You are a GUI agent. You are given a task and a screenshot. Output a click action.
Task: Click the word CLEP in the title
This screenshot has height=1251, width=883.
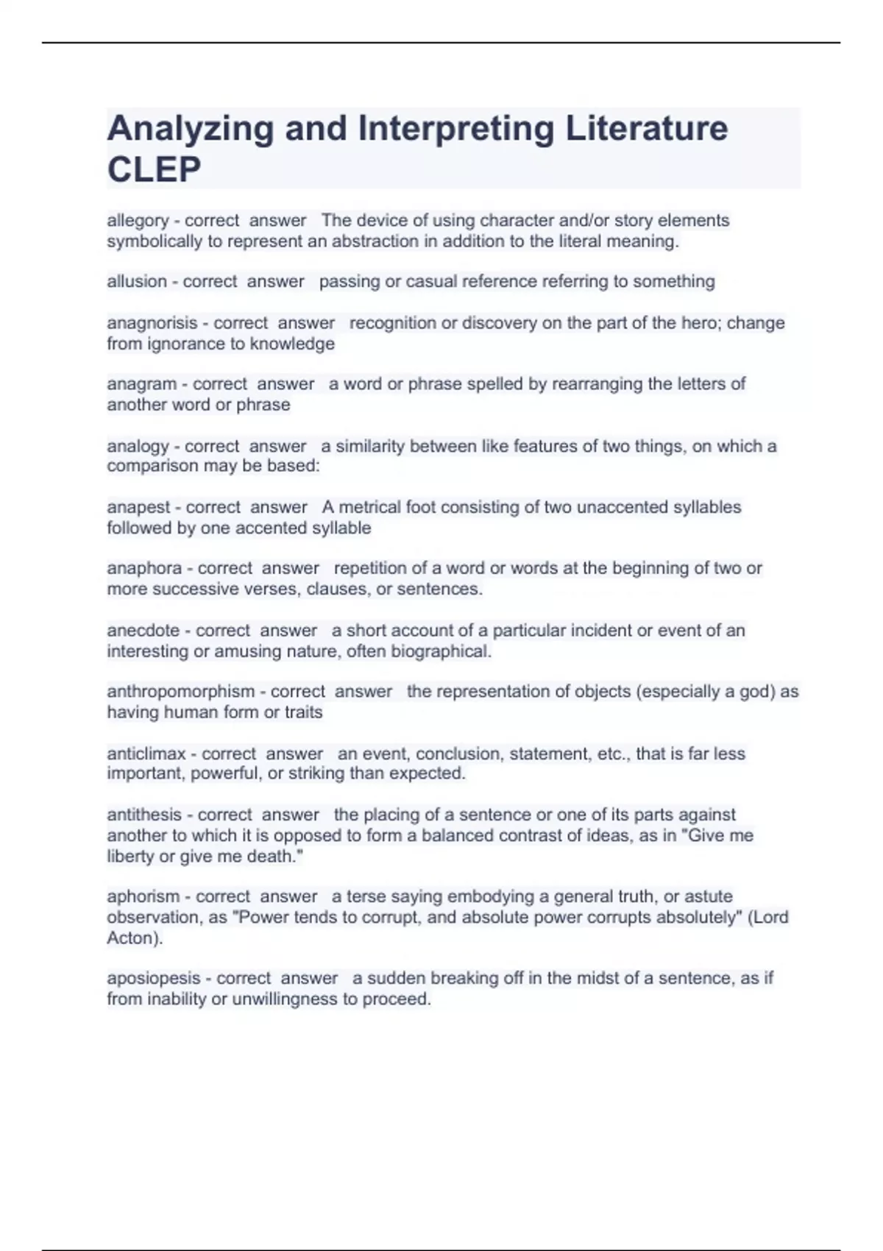coord(154,170)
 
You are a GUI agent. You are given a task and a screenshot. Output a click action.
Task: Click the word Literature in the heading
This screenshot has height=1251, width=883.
coord(647,129)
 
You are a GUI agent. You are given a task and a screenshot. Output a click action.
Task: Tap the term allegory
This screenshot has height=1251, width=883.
coord(138,221)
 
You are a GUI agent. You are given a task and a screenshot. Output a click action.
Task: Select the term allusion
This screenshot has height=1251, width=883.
coord(137,282)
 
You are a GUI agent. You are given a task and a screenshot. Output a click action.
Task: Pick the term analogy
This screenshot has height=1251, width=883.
coord(138,446)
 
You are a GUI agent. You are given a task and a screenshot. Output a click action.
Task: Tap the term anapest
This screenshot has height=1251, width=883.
coord(138,507)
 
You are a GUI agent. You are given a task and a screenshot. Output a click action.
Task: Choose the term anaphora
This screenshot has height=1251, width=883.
coord(144,568)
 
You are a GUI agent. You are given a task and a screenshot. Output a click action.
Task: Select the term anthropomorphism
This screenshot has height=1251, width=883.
coord(181,692)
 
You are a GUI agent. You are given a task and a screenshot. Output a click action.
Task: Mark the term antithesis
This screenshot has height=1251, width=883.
coord(144,815)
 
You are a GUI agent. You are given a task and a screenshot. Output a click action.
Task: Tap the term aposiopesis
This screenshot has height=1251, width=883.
coord(154,978)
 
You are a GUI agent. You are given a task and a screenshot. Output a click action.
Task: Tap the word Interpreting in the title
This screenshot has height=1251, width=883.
coord(456,129)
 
